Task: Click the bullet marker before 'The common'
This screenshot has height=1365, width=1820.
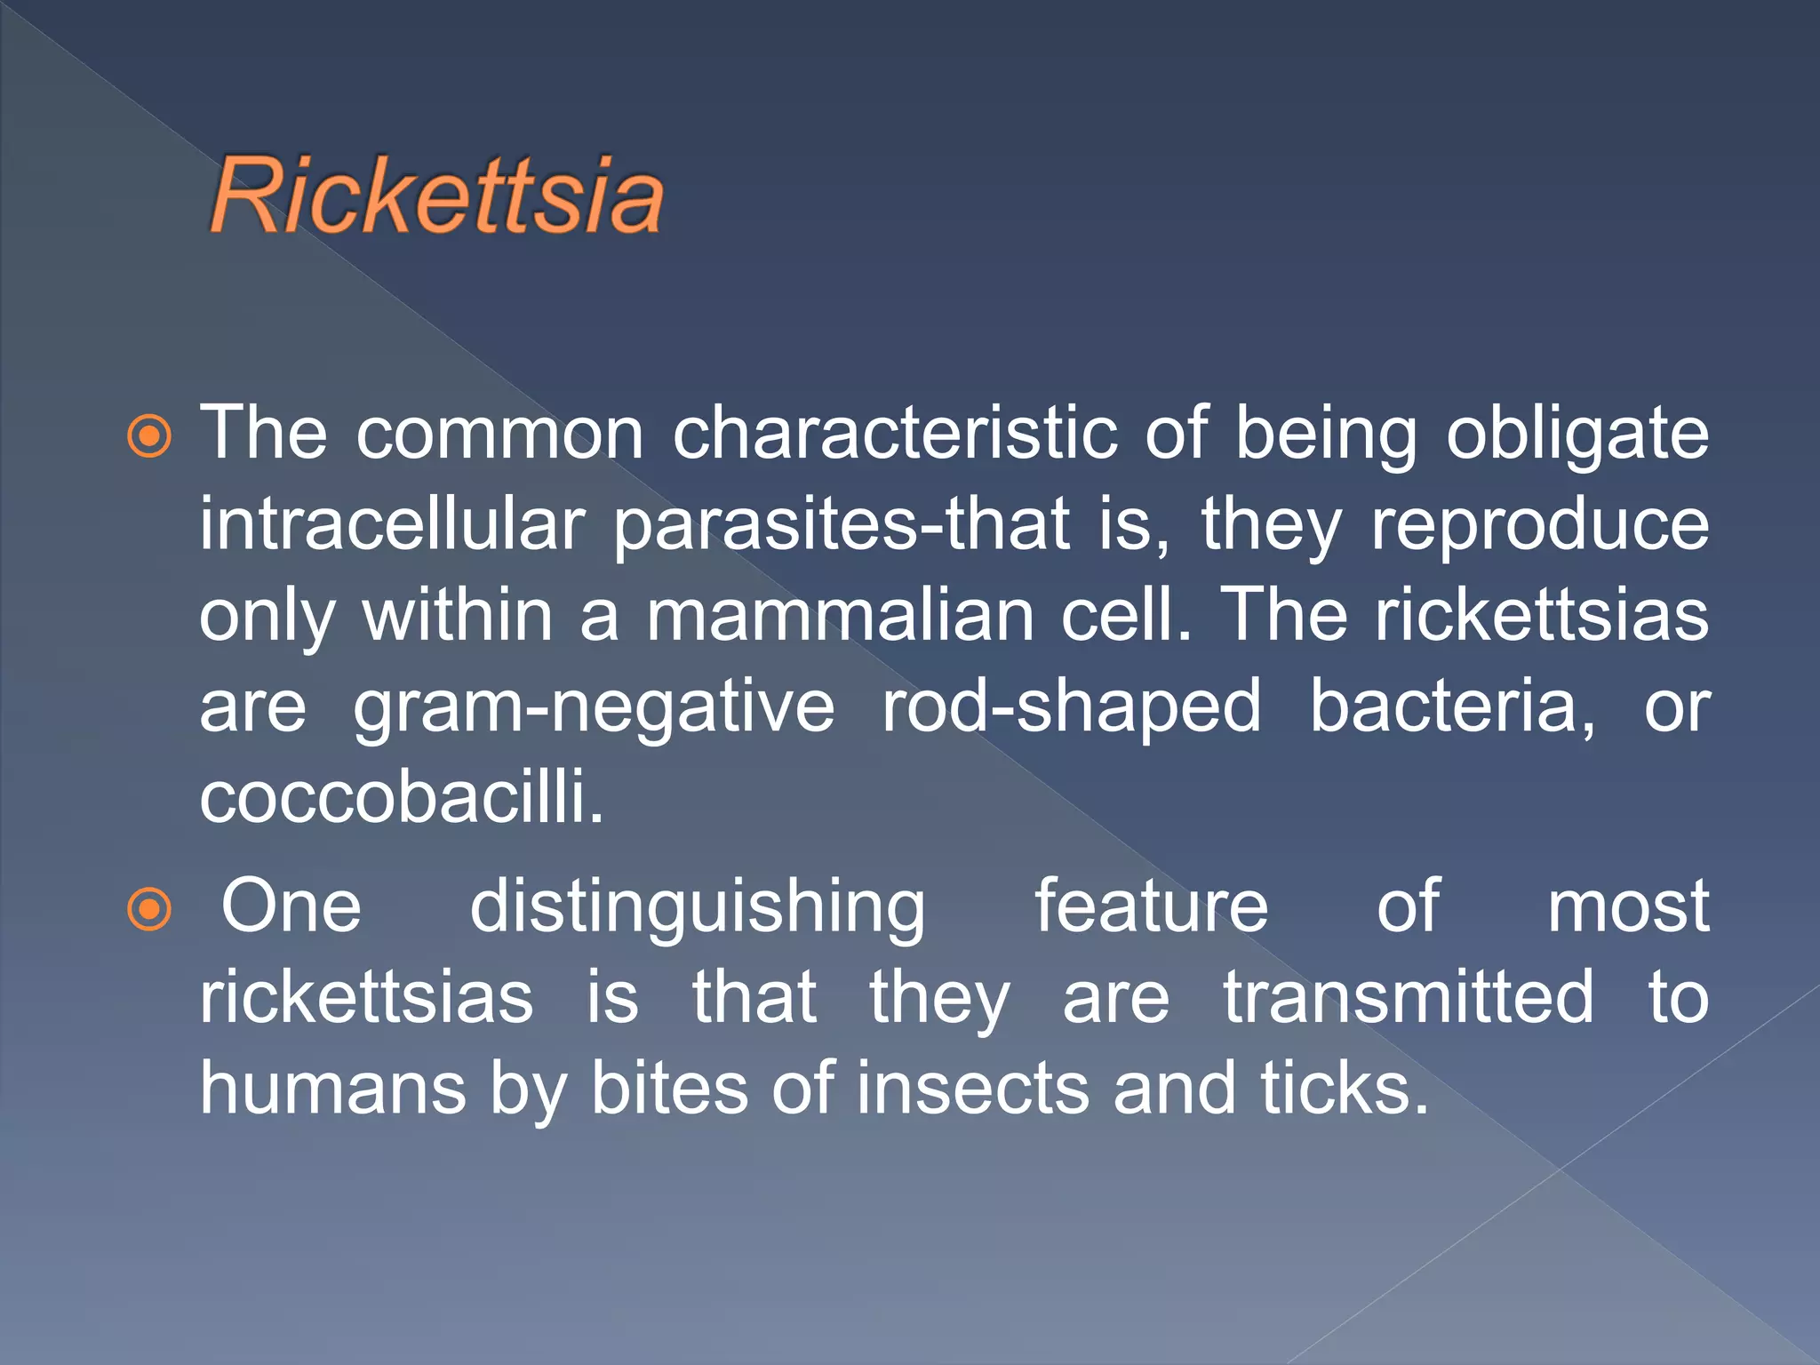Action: coord(149,436)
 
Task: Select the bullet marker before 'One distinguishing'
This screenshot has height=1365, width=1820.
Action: coord(149,909)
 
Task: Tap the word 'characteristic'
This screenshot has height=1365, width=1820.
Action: coord(894,434)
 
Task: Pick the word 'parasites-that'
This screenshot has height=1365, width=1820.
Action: coord(841,526)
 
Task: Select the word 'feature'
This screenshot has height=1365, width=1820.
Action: coord(1152,906)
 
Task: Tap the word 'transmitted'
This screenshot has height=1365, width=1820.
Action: coord(1409,997)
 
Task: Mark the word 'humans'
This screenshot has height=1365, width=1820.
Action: coord(333,1089)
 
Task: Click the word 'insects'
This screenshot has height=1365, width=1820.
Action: coord(973,1089)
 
